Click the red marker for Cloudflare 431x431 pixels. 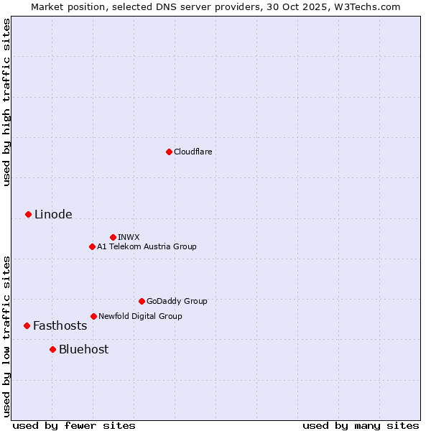click(169, 152)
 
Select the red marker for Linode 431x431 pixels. click(28, 214)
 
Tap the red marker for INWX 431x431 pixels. click(113, 237)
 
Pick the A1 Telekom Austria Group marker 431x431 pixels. click(92, 246)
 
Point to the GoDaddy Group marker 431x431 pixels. click(142, 301)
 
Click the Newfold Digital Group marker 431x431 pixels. click(93, 316)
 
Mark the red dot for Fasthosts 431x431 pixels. click(27, 325)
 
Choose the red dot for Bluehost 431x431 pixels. click(52, 349)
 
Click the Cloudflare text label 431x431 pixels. click(193, 152)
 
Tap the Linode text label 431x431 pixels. click(53, 214)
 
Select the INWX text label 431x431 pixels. click(129, 237)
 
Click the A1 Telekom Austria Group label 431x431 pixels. click(147, 246)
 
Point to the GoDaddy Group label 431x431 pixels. click(177, 301)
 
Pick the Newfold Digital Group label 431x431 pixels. click(140, 316)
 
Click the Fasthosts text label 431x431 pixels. click(60, 325)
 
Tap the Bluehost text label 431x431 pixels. click(84, 349)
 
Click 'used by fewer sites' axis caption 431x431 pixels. click(74, 425)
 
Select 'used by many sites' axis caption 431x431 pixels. click(361, 425)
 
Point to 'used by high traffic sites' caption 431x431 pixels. click(6, 102)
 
